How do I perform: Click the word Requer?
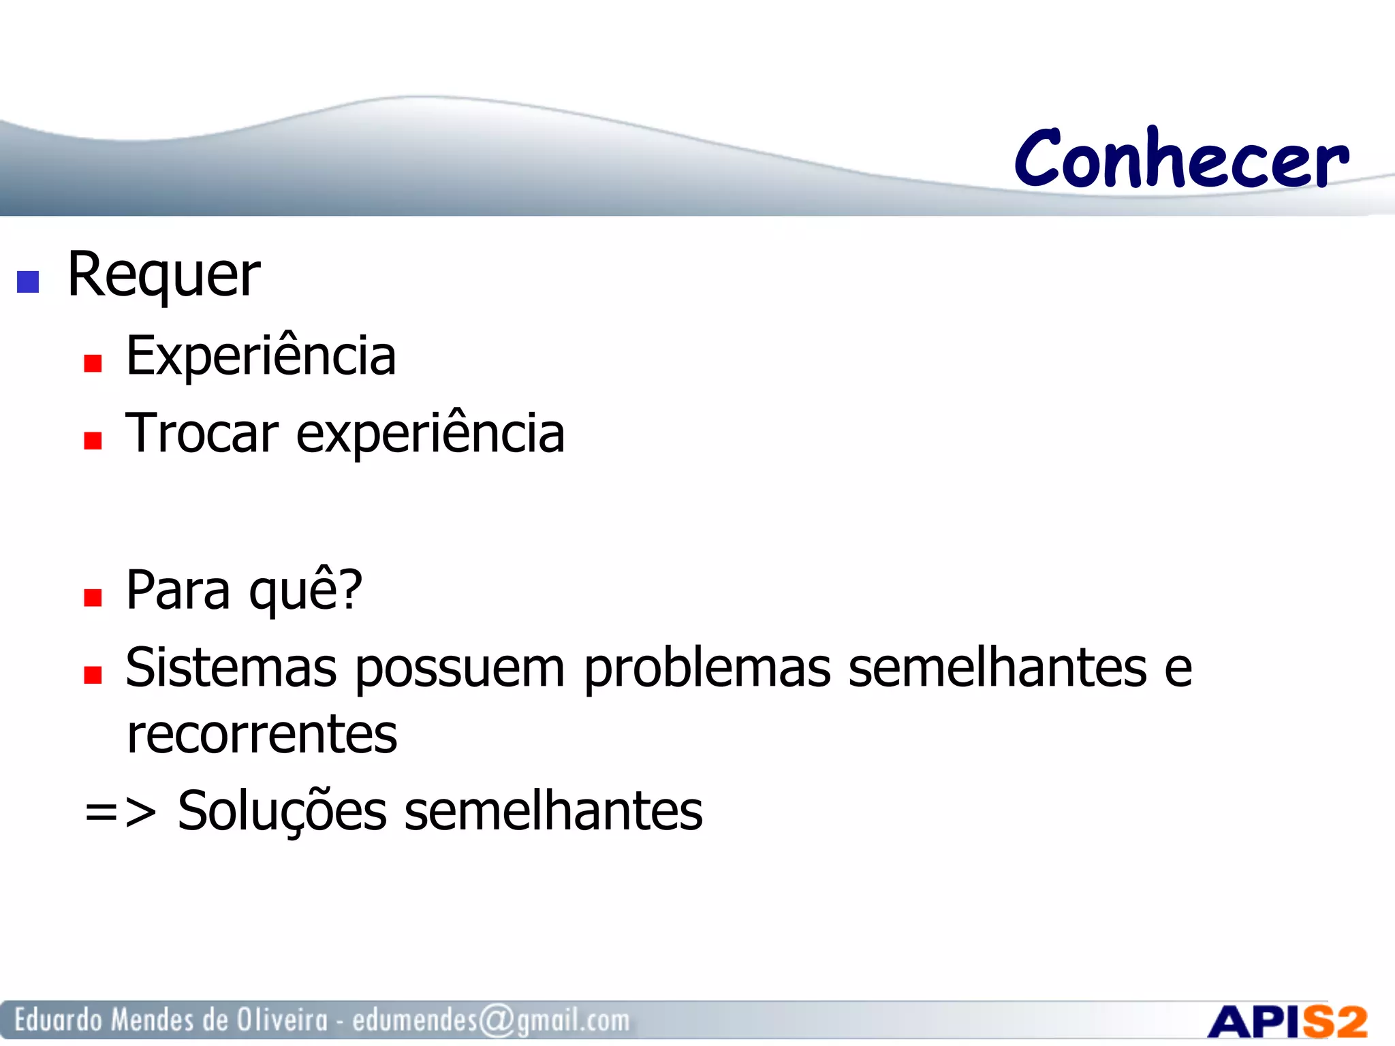163,274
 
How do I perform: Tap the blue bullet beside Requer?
28,281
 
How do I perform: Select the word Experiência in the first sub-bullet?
261,356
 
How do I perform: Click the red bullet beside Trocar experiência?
93,441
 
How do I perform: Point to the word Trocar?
202,434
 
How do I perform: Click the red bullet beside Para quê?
93,597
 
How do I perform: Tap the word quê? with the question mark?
306,590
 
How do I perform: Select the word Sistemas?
231,668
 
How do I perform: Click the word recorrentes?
262,735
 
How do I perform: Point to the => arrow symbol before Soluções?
120,812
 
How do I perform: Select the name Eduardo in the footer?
59,1020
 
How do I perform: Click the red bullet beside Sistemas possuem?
93,675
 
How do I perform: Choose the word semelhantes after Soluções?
553,811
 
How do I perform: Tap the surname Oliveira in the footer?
282,1020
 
